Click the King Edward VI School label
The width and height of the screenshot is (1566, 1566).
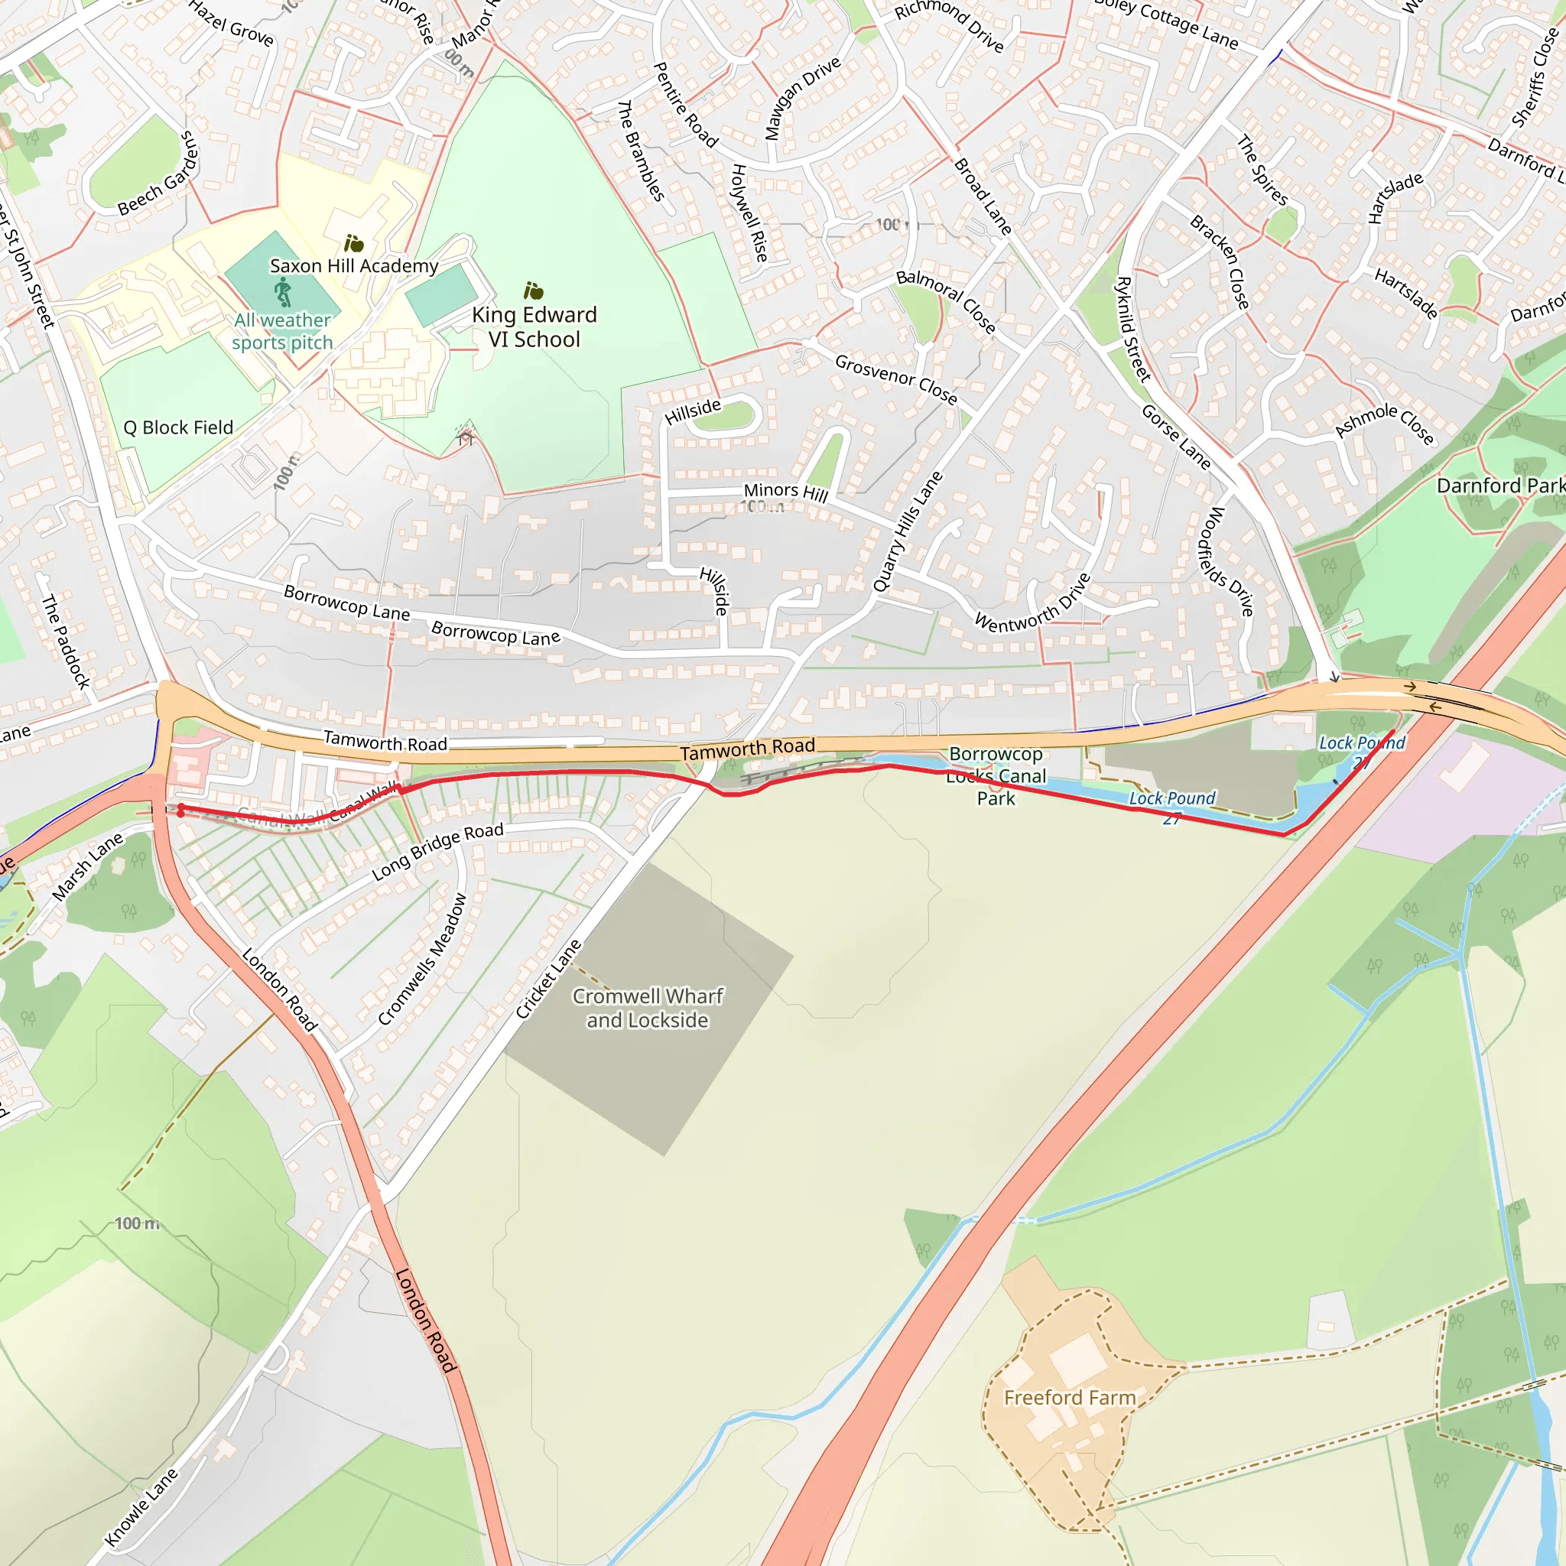(534, 327)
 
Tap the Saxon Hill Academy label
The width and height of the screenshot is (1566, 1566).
(353, 266)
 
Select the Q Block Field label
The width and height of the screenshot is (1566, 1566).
(177, 427)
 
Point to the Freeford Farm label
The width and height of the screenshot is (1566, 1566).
(1070, 1398)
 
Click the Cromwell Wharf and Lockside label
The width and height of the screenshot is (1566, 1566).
(648, 1008)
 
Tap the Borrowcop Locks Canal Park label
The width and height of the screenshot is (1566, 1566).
(996, 775)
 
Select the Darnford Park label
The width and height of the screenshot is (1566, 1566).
(1499, 486)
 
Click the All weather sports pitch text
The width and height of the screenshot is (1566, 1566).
(282, 332)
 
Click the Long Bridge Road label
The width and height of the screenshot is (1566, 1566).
(437, 851)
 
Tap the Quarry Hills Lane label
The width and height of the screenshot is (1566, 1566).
(908, 531)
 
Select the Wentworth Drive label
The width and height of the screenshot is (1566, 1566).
(1032, 603)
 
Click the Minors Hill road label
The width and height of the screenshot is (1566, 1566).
(785, 492)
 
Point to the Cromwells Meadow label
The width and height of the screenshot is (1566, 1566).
(422, 959)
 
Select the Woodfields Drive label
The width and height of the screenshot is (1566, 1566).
(1226, 561)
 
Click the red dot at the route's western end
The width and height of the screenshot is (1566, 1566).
(180, 808)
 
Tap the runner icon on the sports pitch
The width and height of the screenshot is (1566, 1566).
(282, 291)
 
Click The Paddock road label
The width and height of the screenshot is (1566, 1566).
(66, 641)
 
